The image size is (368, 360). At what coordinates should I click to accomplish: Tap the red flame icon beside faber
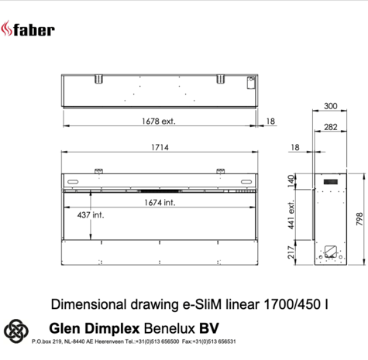pos(12,29)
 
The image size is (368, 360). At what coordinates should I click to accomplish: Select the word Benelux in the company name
pos(172,327)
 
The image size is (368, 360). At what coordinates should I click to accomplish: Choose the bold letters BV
pos(210,327)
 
